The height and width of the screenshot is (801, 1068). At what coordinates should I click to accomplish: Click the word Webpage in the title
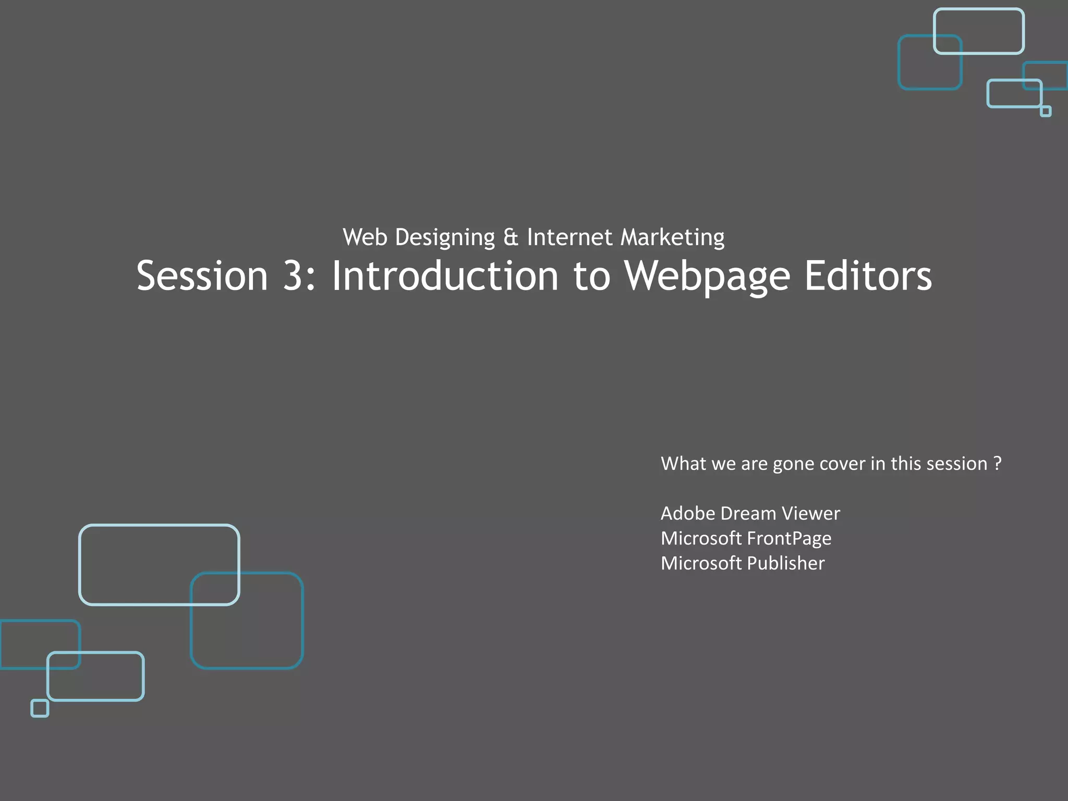click(707, 276)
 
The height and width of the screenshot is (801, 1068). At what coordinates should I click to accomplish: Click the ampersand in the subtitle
click(511, 237)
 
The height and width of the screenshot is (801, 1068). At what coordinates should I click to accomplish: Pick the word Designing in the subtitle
click(445, 238)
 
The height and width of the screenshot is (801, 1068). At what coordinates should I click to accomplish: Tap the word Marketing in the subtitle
click(672, 238)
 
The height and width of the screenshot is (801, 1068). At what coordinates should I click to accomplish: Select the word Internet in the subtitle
click(569, 237)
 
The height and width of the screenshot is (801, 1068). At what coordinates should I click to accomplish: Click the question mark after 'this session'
click(997, 463)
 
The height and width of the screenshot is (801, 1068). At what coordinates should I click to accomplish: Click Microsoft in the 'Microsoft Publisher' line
click(701, 563)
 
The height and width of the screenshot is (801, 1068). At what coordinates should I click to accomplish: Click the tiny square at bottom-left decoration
click(40, 708)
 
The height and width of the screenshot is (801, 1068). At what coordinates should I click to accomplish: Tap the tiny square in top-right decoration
click(1046, 111)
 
